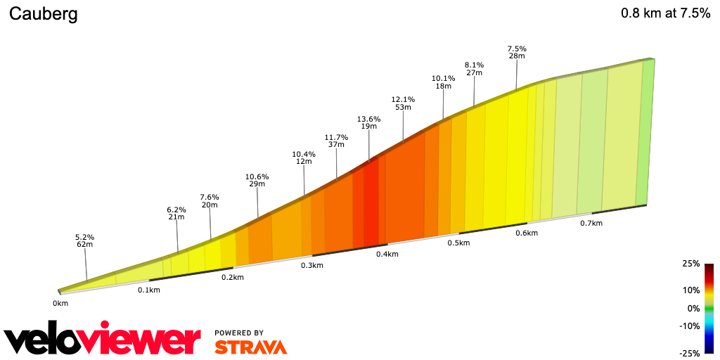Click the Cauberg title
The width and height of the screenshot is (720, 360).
click(x=43, y=14)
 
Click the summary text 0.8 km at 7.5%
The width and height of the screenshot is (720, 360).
click(x=665, y=13)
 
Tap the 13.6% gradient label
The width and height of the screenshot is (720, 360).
click(x=368, y=119)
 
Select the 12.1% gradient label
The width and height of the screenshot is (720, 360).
click(x=403, y=99)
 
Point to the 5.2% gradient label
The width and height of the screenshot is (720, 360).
click(x=84, y=237)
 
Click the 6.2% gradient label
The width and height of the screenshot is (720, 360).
click(x=176, y=210)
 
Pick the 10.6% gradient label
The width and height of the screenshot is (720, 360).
click(x=257, y=176)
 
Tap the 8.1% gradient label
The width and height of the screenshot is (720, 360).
click(x=474, y=65)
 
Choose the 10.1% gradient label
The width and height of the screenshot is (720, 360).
click(x=443, y=78)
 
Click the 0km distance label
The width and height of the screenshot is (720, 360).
click(x=60, y=304)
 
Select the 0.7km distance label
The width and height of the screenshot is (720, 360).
click(x=591, y=223)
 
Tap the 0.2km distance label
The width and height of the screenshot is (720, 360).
click(x=232, y=277)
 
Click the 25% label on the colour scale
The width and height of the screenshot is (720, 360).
click(x=690, y=264)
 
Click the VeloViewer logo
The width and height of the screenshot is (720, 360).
click(x=103, y=340)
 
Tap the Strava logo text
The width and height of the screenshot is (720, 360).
click(x=250, y=347)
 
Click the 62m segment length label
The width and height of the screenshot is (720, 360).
click(x=85, y=245)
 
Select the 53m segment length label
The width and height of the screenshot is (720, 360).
click(x=403, y=107)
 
